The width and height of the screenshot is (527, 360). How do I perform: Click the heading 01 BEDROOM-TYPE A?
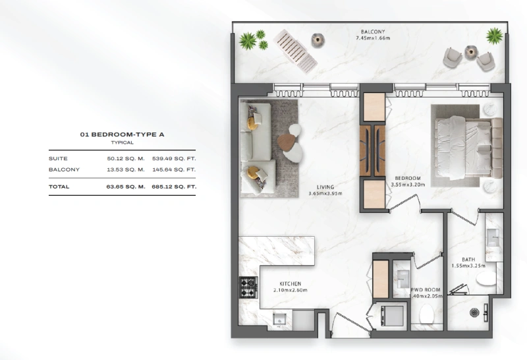pyautogui.click(x=122, y=135)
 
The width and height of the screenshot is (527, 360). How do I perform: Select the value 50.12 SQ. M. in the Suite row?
pyautogui.click(x=125, y=159)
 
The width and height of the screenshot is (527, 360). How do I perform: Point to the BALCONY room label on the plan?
pyautogui.click(x=372, y=32)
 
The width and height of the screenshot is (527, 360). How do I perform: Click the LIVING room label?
pyautogui.click(x=322, y=187)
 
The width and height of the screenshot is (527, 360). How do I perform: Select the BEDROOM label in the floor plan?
pyautogui.click(x=408, y=178)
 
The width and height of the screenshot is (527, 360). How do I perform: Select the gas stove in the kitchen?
pyautogui.click(x=248, y=287)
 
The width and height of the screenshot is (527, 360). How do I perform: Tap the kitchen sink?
pyautogui.click(x=278, y=320)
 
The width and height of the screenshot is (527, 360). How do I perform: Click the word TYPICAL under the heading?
pyautogui.click(x=122, y=142)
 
